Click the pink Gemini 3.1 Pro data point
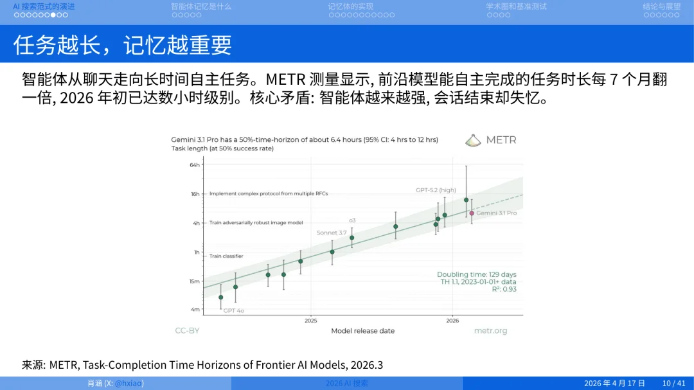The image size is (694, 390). pos(472,213)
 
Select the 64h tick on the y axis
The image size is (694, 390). pos(195,165)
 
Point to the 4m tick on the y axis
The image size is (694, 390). pos(195,309)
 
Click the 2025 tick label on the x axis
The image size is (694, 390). pos(311,320)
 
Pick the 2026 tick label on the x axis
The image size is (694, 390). pos(452,320)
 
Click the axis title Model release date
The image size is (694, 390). pos(362,331)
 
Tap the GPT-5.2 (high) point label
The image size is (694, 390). pos(436,190)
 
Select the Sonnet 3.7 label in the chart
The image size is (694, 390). pos(332,233)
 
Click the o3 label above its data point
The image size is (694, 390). pos(352,220)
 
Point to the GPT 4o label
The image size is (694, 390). pos(233,311)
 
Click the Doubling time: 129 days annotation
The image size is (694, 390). pos(476,274)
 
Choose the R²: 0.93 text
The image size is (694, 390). pos(504,289)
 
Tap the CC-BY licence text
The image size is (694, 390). pos(187,331)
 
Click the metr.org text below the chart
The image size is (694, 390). pos(490,331)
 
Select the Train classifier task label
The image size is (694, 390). pos(226,256)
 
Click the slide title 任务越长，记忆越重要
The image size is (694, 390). pos(123,44)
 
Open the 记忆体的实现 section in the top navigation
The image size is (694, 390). pos(350,6)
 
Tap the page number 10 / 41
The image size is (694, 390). pos(673,383)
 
